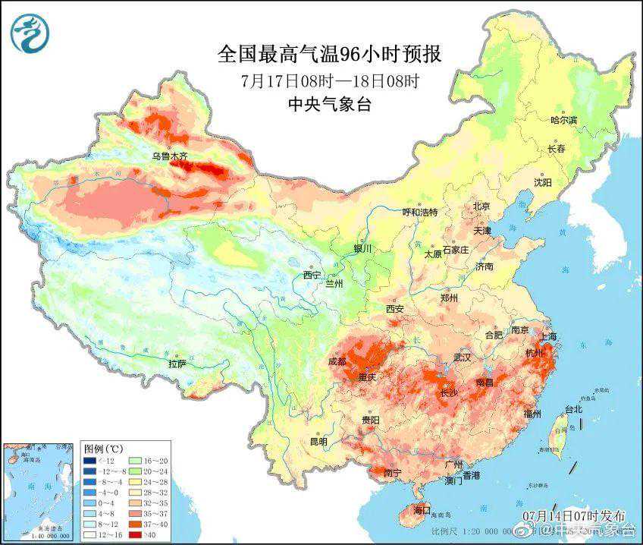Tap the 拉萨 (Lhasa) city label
[177, 364]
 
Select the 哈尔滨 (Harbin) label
[563, 120]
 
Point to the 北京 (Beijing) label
[482, 206]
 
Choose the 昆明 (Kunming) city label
[318, 441]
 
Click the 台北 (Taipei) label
[574, 409]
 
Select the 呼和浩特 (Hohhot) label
[419, 213]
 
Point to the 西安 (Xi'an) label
[395, 309]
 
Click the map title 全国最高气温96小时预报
[329, 55]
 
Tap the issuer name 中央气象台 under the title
[330, 106]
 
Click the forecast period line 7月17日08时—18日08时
[329, 80]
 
